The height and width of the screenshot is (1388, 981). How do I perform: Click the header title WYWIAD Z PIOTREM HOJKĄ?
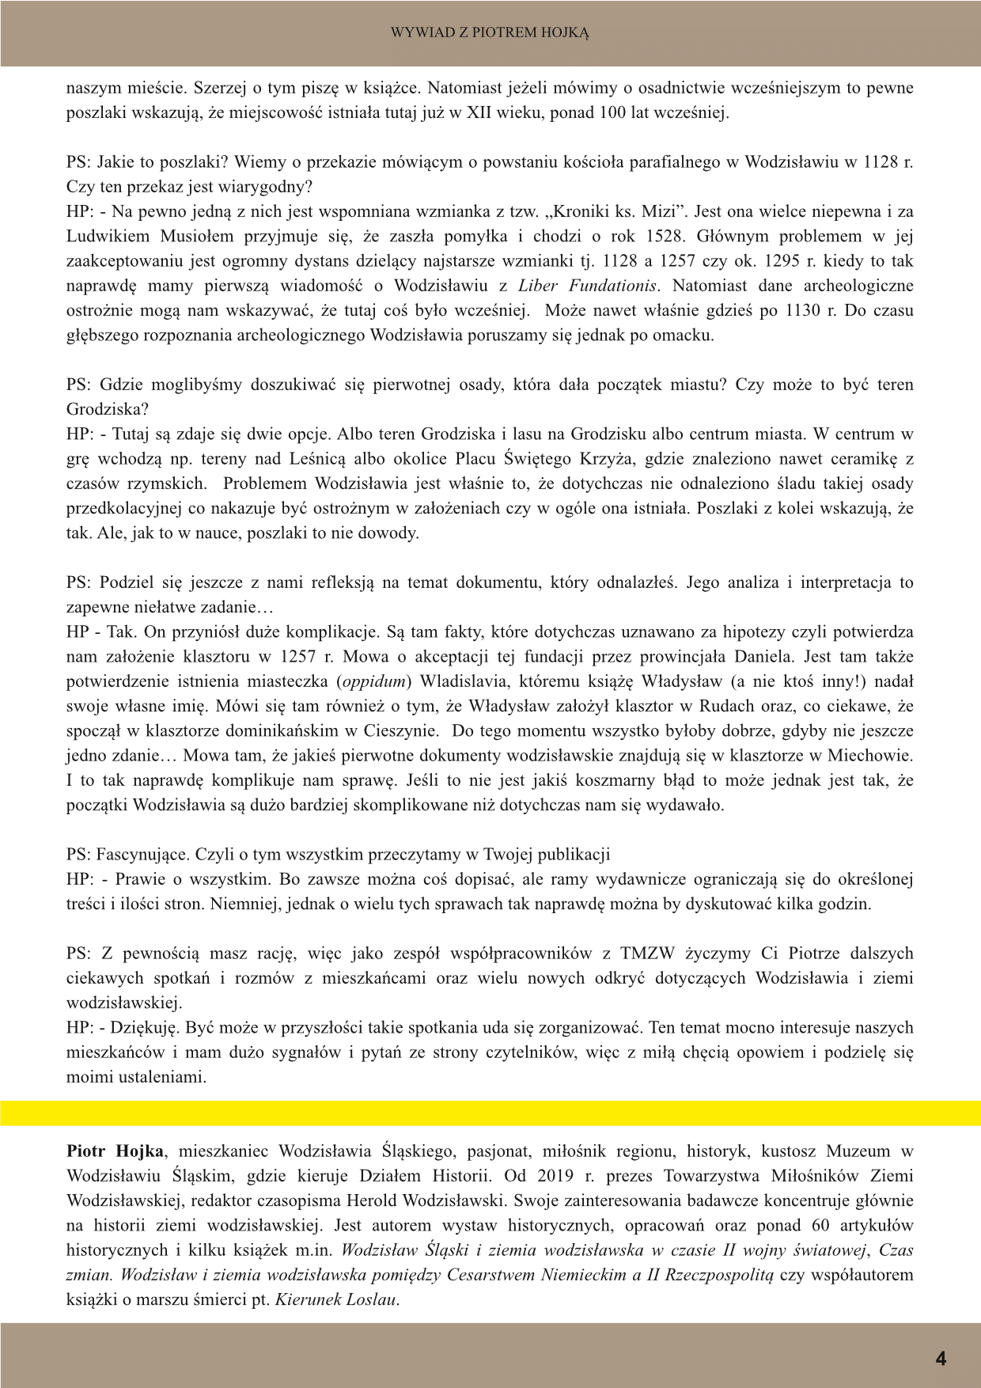[x=490, y=32]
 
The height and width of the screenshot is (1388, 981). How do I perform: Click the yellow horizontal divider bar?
[x=490, y=1113]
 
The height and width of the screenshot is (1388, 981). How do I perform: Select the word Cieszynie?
[x=403, y=730]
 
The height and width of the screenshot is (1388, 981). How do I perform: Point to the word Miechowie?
[x=877, y=755]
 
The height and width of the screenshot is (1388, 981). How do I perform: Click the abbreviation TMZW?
[x=647, y=954]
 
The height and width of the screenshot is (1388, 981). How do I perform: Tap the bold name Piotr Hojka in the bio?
[x=115, y=1151]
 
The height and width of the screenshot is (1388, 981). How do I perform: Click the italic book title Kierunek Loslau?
[x=336, y=1299]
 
